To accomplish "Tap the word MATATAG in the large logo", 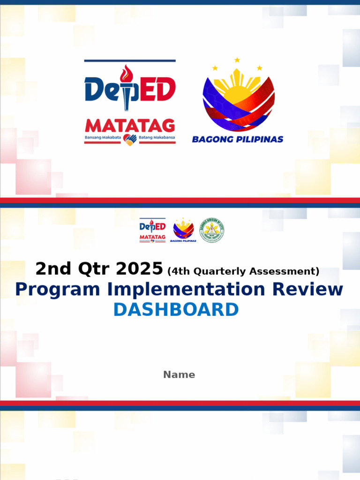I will point(130,126).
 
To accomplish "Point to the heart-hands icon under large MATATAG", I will point(130,139).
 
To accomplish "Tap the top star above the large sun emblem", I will point(237,60).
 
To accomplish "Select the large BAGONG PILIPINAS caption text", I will point(238,139).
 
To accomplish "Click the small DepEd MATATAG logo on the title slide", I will point(152,230).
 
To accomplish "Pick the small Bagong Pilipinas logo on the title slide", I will point(183,230).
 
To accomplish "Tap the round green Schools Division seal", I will point(212,230).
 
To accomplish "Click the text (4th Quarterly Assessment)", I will point(243,271).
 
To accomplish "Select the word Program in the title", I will point(57,290).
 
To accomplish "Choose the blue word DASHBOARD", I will point(176,310).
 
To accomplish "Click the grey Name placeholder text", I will point(179,375).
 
